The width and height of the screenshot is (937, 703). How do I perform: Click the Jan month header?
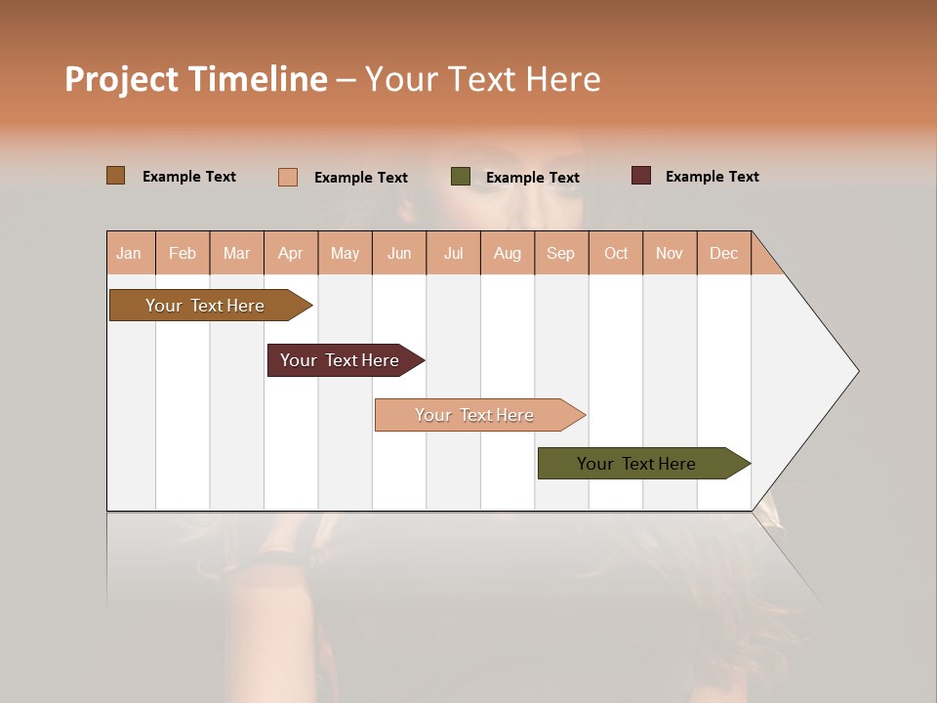129,253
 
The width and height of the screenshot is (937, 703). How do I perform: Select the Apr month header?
290,253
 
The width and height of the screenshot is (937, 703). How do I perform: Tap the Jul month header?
453,253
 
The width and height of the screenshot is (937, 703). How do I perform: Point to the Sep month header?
560,253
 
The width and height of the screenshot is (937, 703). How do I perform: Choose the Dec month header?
723,253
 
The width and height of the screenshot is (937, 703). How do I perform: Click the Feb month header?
183,253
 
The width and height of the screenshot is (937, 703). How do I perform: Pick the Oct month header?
616,253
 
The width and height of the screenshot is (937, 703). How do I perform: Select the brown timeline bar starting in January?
205,306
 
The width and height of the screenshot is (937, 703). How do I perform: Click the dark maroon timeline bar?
340,360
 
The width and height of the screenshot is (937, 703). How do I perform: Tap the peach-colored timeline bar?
474,415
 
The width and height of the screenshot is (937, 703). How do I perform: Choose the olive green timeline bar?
636,464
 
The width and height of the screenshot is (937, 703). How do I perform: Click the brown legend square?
116,176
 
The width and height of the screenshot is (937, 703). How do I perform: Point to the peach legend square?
288,177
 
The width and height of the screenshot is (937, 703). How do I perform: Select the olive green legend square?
461,177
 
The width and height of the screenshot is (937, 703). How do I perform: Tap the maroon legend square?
641,176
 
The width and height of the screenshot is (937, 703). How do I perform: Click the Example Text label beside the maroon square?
712,177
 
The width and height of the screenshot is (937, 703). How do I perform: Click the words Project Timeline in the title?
196,79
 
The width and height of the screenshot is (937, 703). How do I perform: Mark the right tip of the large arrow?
857,371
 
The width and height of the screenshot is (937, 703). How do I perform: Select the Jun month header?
399,253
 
